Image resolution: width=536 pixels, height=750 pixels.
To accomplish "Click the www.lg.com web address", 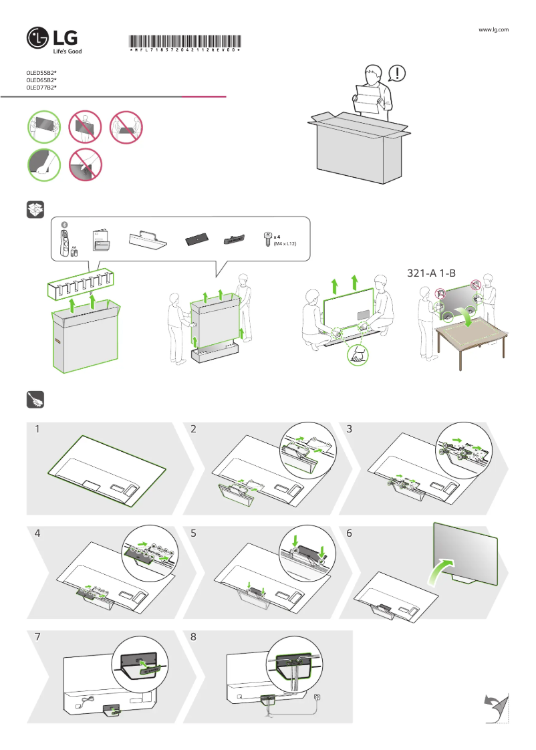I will pyautogui.click(x=495, y=29).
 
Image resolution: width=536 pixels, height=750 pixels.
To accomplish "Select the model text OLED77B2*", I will pyautogui.click(x=41, y=87).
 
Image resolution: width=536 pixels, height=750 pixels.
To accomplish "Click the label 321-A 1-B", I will pyautogui.click(x=431, y=273).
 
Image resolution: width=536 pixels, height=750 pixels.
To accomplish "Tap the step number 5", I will pyautogui.click(x=193, y=533).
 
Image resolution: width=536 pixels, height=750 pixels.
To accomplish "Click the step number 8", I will pyautogui.click(x=193, y=637).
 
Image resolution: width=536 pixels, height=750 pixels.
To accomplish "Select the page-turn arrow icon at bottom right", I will pyautogui.click(x=495, y=708).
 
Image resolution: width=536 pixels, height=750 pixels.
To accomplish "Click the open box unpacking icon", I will pyautogui.click(x=35, y=209).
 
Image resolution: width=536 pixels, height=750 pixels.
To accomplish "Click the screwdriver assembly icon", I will pyautogui.click(x=35, y=400).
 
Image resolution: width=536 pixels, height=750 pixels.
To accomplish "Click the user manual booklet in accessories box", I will pyautogui.click(x=100, y=239).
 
